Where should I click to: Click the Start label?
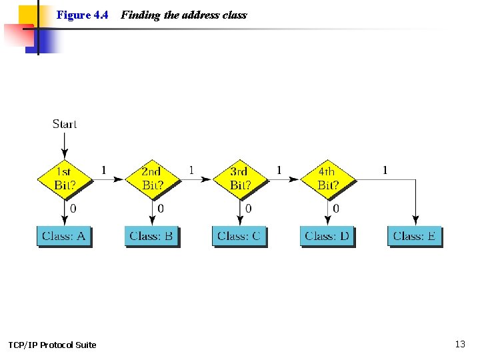[x=65, y=124]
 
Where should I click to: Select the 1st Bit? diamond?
[x=65, y=179]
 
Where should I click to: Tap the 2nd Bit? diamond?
[x=152, y=179]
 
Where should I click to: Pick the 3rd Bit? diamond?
[x=240, y=179]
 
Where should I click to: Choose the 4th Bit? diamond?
[x=327, y=179]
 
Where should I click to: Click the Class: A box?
[x=63, y=236]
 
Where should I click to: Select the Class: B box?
[x=151, y=236]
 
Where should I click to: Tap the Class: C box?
[x=239, y=236]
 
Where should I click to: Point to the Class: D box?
[x=327, y=236]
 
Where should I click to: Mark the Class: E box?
[x=415, y=236]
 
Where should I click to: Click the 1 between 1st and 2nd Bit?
[x=103, y=170]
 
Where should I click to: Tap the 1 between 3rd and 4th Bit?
[x=279, y=170]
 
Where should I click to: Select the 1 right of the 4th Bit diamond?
[x=385, y=170]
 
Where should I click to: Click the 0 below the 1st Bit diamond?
[x=73, y=209]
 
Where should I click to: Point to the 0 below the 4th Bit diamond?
[x=336, y=209]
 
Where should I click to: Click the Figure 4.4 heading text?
[x=82, y=15]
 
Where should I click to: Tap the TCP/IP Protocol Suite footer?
[x=52, y=345]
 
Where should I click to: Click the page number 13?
[x=460, y=344]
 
